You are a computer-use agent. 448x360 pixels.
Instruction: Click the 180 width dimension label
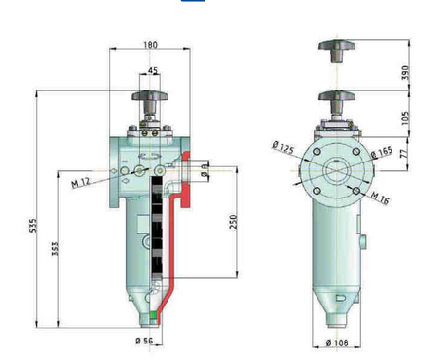click(149, 43)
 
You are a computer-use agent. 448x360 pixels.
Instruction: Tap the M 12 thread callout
click(82, 181)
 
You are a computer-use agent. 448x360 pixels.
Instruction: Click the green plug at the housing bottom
click(153, 314)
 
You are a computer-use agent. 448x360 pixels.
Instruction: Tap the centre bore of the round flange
click(336, 166)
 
